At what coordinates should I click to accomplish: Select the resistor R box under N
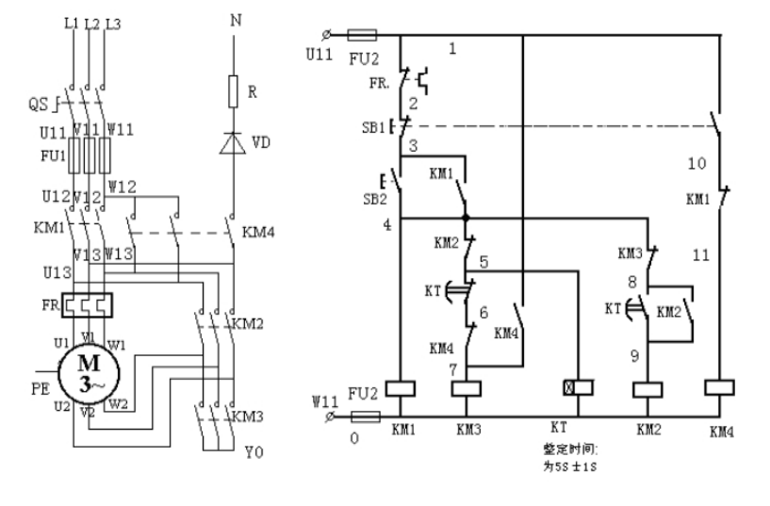click(233, 92)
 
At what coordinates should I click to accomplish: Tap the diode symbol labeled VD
click(233, 142)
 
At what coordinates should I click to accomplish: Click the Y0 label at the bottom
click(254, 453)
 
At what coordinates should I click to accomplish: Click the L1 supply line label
click(72, 23)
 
